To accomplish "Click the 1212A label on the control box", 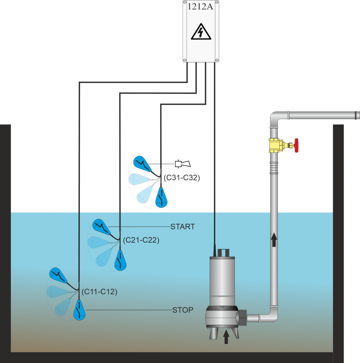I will (x=201, y=7).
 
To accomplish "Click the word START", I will (x=183, y=227).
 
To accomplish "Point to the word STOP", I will (x=183, y=310).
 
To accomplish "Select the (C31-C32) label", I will (x=182, y=178).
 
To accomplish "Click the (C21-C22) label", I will (x=141, y=240).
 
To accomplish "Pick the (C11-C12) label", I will (x=99, y=292).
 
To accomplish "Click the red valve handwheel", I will (x=297, y=145).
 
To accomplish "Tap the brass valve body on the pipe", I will (x=275, y=145).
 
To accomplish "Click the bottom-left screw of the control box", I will (x=185, y=60).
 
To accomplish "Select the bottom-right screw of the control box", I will (x=216, y=60).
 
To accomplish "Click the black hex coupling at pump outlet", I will (x=243, y=316).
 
